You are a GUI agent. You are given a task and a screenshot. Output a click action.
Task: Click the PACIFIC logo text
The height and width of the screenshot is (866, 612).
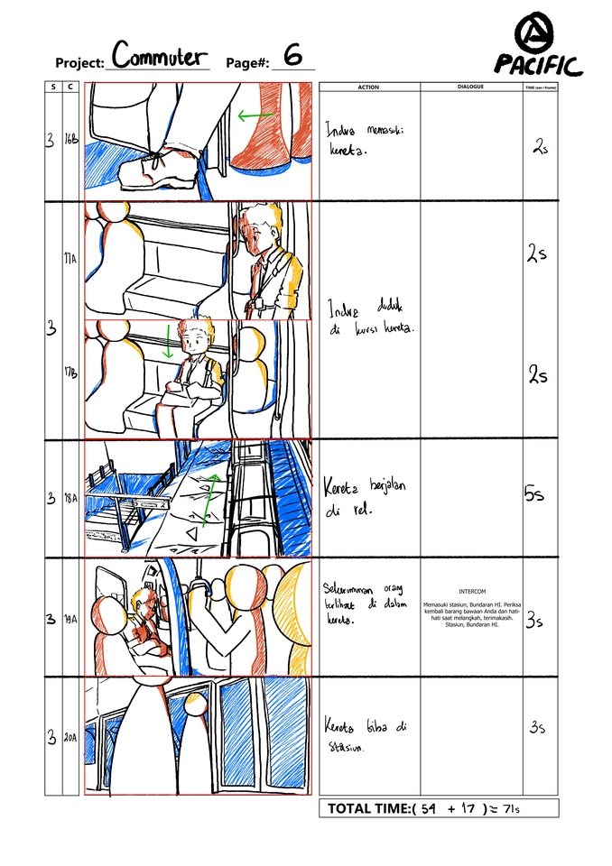tap(538, 65)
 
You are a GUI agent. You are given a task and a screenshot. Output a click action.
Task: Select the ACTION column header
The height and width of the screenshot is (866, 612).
tap(368, 87)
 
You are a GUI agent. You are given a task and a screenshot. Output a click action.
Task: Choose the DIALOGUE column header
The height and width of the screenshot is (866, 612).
tap(470, 87)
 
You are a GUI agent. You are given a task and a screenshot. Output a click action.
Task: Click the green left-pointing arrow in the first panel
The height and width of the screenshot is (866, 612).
tap(256, 115)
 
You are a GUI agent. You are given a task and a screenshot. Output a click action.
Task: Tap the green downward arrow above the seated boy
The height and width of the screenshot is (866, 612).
tap(168, 341)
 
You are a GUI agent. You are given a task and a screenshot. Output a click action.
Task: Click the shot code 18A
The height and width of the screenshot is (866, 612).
tap(70, 499)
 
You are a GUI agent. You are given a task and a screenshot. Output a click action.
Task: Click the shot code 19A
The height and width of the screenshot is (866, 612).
tap(70, 619)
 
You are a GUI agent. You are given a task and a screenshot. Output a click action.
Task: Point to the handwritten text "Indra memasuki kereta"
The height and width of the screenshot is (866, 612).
tap(364, 140)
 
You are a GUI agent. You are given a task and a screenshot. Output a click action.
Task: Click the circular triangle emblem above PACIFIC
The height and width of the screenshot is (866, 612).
tap(538, 32)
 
